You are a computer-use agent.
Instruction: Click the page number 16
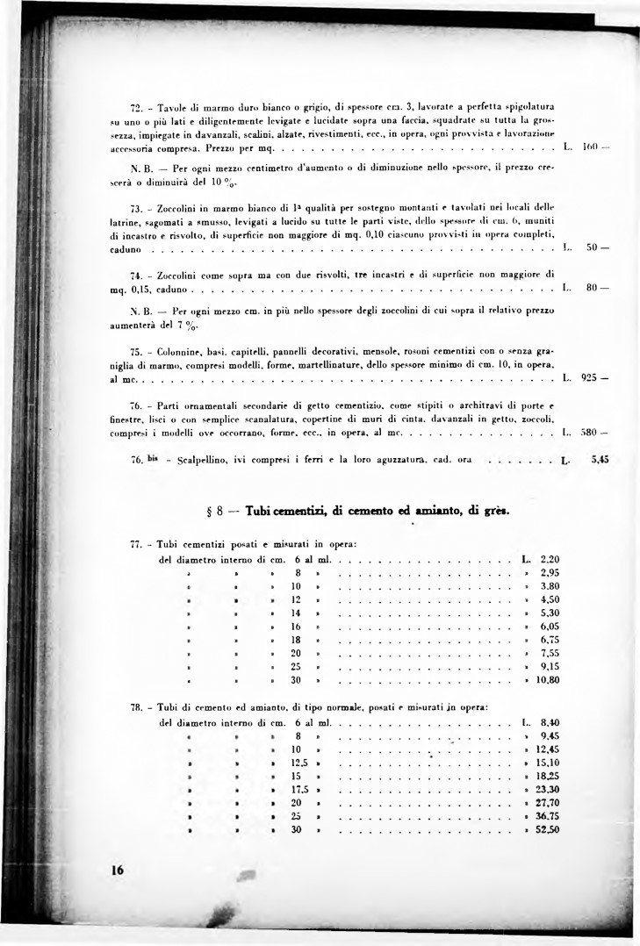click(118, 870)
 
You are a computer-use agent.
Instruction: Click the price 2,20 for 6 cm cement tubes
click(550, 558)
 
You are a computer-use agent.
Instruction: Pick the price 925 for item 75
click(589, 378)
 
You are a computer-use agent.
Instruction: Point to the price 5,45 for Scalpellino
click(600, 458)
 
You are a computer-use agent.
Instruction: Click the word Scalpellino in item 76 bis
click(205, 459)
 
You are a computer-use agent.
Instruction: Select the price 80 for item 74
click(593, 285)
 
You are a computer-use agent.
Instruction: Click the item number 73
click(135, 209)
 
